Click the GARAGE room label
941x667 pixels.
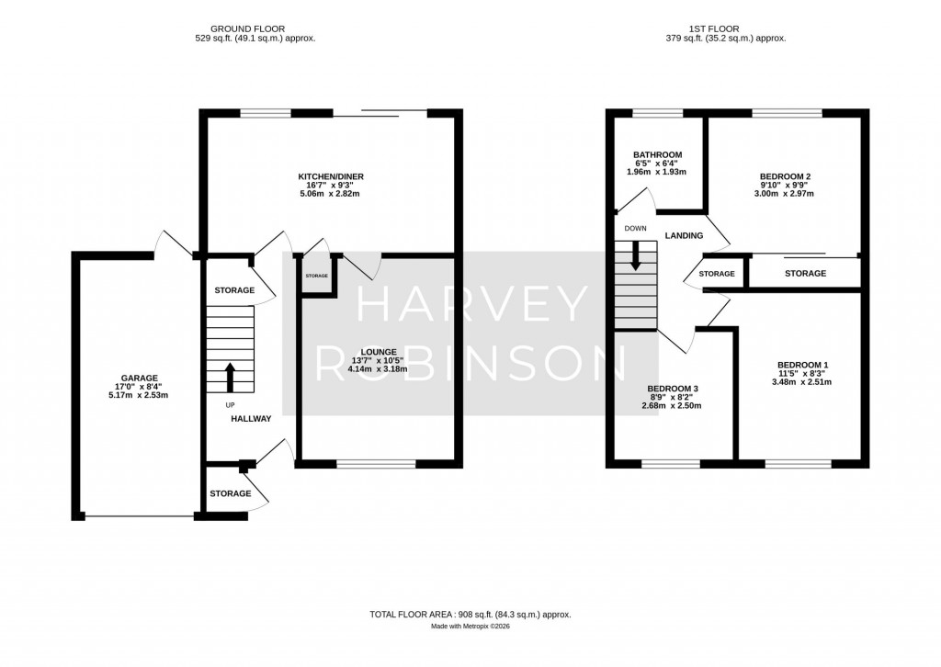tap(136, 378)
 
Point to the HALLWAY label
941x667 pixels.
tap(251, 419)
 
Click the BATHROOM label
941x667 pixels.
tap(657, 154)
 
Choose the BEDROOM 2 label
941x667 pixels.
tap(786, 175)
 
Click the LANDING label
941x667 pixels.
tap(684, 236)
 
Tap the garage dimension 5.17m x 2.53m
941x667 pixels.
tap(136, 395)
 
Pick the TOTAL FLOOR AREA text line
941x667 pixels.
tap(470, 614)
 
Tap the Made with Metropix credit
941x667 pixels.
tap(470, 627)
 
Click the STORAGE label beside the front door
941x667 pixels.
tap(230, 494)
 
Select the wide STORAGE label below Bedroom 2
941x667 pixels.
tap(805, 274)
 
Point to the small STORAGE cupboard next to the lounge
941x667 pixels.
tap(316, 276)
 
